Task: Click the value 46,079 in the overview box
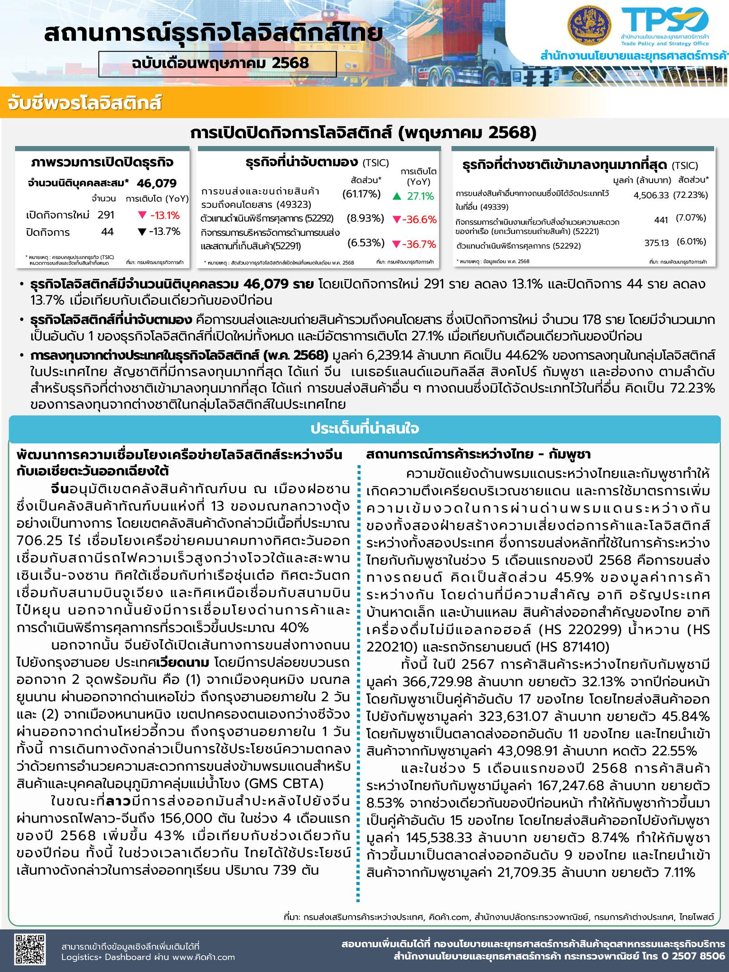(157, 183)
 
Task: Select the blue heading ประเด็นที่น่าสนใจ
(364, 429)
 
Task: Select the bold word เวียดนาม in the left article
(184, 662)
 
